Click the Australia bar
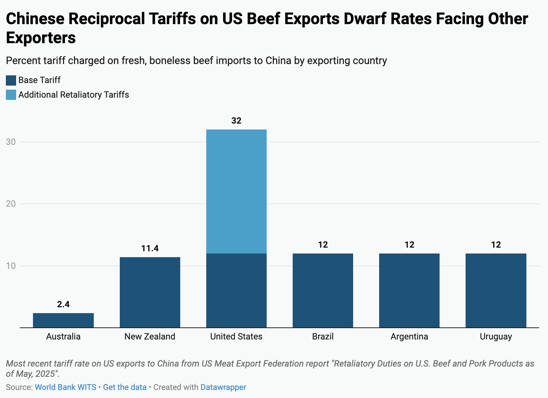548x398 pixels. [63, 320]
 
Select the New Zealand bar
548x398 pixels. [150, 292]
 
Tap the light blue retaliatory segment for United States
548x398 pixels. [236, 191]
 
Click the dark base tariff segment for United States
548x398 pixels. [236, 290]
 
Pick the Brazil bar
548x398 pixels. [323, 290]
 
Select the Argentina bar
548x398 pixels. [409, 290]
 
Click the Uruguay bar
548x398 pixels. [496, 290]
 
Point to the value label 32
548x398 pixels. [236, 121]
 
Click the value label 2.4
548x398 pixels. [63, 304]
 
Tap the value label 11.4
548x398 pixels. [150, 249]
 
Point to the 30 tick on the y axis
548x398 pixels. [11, 142]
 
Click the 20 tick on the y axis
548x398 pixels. [11, 204]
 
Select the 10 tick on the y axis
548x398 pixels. [11, 266]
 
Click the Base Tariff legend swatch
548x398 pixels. [11, 80]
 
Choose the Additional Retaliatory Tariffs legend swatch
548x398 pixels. [11, 95]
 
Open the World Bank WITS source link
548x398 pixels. [65, 387]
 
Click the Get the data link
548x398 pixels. [125, 387]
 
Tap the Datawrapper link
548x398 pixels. [223, 387]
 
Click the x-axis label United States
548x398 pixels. [236, 337]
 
